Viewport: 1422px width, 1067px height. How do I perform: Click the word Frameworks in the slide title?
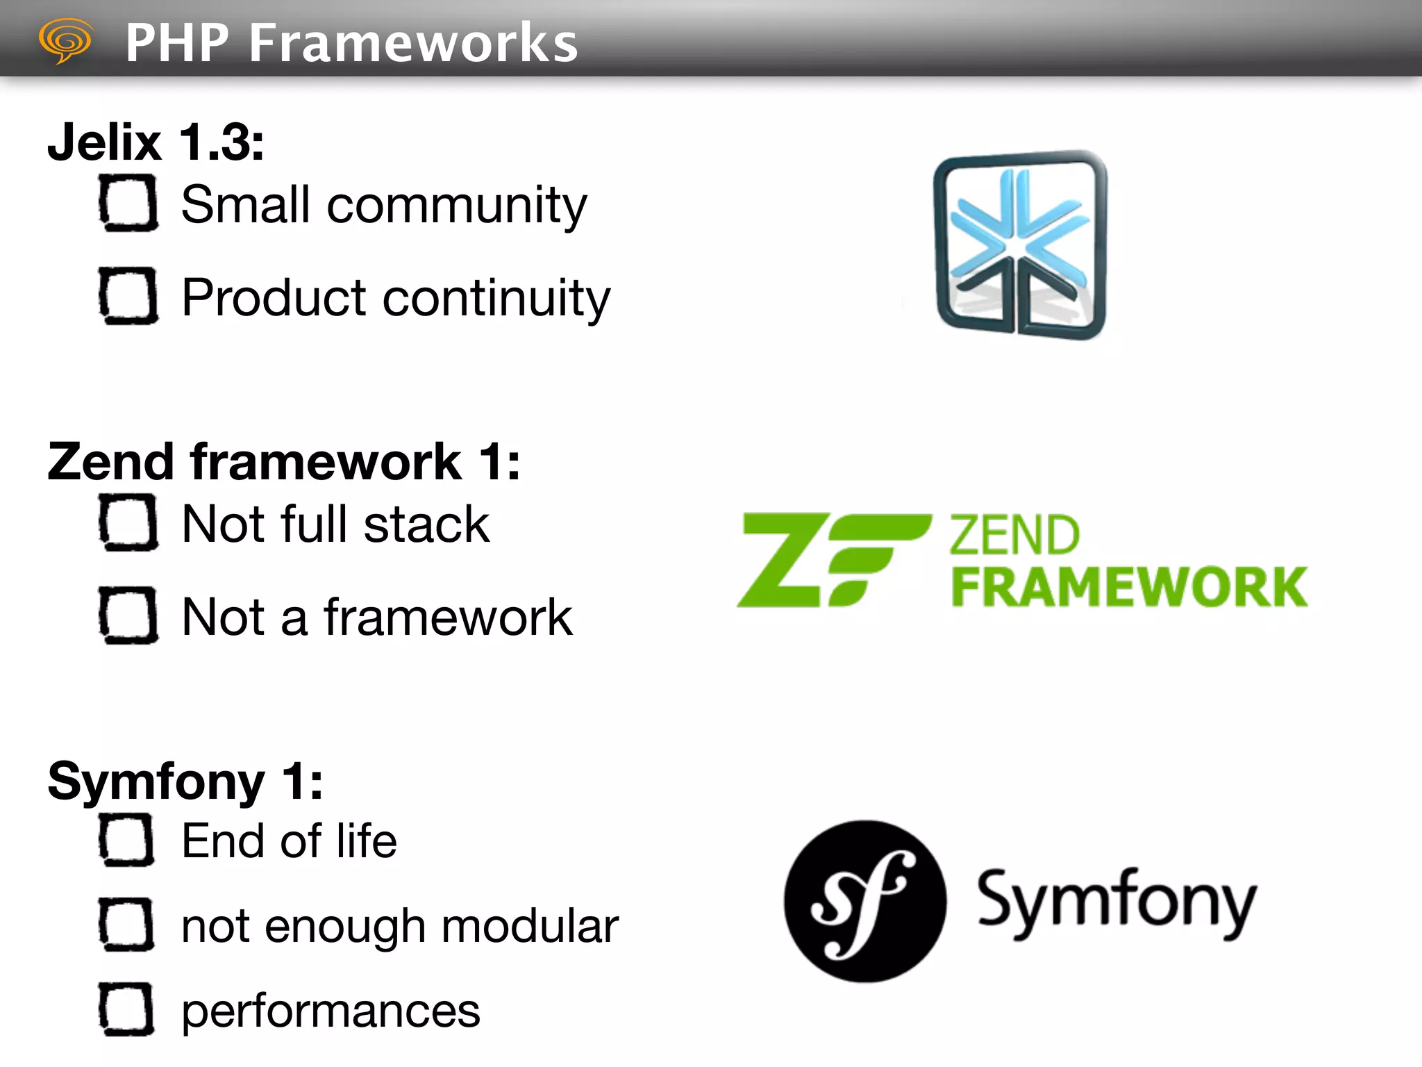tap(413, 43)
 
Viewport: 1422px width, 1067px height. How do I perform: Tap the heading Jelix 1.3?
tap(156, 142)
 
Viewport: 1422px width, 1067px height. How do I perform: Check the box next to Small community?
tap(128, 203)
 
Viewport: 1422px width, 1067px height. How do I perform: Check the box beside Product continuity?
tap(128, 296)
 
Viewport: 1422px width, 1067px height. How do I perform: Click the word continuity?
tap(496, 297)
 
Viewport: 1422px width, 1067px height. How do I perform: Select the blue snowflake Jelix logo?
tap(1020, 245)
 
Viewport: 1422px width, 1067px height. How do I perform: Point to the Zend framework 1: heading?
tap(283, 461)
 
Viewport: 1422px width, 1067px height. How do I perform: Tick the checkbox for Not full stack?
tap(128, 522)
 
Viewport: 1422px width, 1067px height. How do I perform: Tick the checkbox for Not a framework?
tap(128, 615)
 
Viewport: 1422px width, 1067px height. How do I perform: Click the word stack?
tap(426, 524)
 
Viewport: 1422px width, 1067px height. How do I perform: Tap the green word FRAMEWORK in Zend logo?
tap(1129, 588)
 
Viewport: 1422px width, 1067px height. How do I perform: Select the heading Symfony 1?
tap(185, 781)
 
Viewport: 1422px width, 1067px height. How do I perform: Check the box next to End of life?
tap(126, 841)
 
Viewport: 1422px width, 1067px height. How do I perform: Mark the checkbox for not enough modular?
tap(126, 925)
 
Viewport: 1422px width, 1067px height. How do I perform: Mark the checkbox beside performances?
tap(126, 1009)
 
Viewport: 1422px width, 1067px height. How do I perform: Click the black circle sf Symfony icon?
tap(865, 901)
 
